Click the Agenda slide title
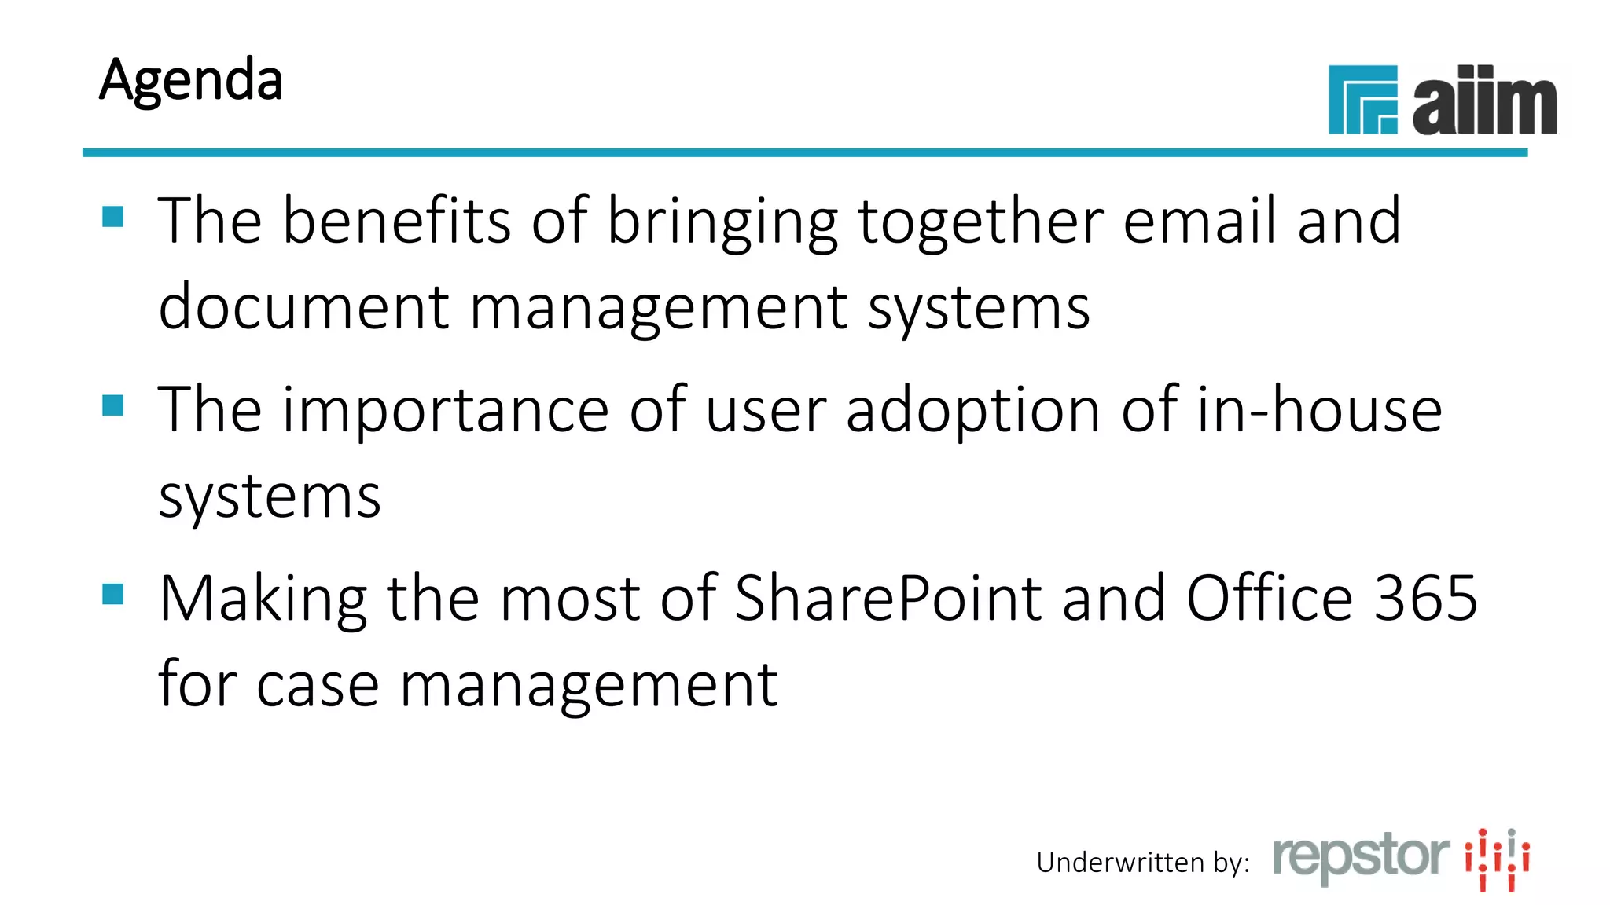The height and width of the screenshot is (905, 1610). (191, 80)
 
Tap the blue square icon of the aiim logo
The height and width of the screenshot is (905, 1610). (1362, 100)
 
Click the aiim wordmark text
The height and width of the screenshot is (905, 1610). (1483, 101)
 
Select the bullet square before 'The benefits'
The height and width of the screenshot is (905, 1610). (113, 216)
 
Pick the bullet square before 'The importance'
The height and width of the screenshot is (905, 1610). (113, 405)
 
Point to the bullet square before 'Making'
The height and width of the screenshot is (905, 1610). (113, 594)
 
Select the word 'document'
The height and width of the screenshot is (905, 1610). (303, 307)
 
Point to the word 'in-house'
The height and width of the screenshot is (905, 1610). (1319, 410)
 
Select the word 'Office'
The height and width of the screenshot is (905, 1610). (1269, 599)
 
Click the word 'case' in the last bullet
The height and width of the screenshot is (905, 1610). (318, 685)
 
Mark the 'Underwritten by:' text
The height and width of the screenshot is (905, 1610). (1143, 863)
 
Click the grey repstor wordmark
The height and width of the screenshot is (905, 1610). (1361, 857)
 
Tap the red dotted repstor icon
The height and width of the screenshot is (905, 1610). (1497, 859)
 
